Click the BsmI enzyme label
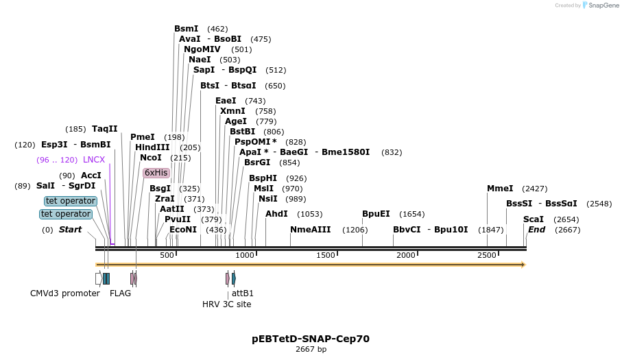click(x=186, y=29)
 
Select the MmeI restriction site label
click(x=500, y=188)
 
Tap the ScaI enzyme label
click(x=533, y=219)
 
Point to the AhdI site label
click(x=276, y=214)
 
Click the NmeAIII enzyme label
click(x=310, y=229)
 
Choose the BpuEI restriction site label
click(x=376, y=214)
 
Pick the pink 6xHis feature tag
click(x=156, y=173)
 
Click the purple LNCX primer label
click(x=94, y=160)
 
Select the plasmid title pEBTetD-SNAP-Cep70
click(x=311, y=339)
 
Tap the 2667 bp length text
click(x=311, y=350)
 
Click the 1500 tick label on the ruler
click(x=325, y=256)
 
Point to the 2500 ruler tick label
click(x=486, y=256)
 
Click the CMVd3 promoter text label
click(x=65, y=293)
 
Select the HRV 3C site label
click(x=226, y=304)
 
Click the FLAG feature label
click(x=120, y=293)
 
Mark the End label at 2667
click(x=536, y=229)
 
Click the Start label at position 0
click(x=69, y=229)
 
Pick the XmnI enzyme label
click(x=232, y=111)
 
